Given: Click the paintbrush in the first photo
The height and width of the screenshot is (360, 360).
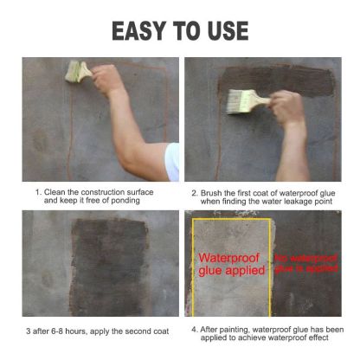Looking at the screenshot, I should (x=79, y=72).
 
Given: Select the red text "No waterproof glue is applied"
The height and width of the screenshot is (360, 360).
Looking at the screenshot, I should (x=306, y=263).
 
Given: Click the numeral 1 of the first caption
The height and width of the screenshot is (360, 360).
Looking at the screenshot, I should (x=37, y=191).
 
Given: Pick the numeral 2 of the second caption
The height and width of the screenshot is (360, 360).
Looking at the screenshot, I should (x=195, y=191).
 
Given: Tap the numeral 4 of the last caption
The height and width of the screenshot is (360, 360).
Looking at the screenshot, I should (x=193, y=330).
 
